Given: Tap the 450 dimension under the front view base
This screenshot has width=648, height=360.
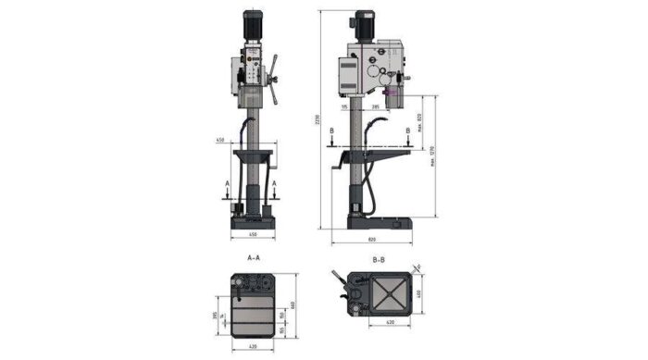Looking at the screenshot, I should click(x=252, y=236).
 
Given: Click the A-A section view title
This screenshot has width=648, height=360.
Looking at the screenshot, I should click(x=252, y=258).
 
